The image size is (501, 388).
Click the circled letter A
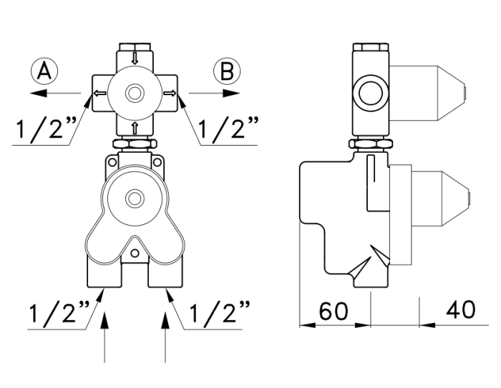point(44,71)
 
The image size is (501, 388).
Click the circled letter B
point(227,71)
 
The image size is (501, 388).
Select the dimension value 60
point(334,311)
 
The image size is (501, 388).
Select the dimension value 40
point(460,310)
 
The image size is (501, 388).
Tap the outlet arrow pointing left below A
point(55,93)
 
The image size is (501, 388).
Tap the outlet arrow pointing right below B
point(214,93)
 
